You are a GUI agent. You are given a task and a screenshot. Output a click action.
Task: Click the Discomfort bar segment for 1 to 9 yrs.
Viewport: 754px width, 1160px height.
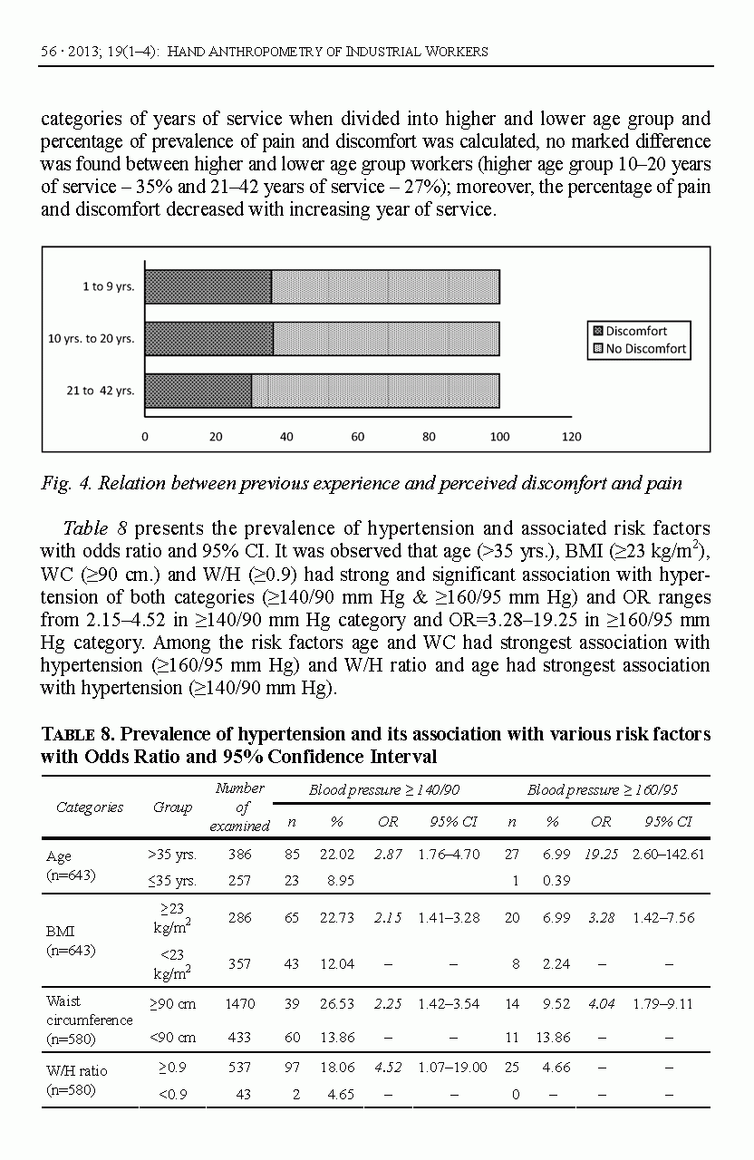(x=208, y=286)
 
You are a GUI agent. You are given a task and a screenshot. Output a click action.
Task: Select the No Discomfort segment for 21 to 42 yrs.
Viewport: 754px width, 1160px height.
(x=375, y=391)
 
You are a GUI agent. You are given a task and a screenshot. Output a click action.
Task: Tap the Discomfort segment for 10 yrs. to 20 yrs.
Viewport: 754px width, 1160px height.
(x=208, y=338)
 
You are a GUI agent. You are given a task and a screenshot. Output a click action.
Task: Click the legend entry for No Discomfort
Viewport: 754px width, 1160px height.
(x=640, y=349)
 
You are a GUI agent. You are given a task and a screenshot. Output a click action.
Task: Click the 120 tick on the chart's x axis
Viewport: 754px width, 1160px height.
(x=571, y=437)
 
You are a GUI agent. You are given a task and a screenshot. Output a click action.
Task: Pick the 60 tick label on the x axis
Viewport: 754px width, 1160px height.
(x=358, y=437)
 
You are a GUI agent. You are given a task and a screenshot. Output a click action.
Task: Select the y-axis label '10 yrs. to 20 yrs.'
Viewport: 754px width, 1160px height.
(x=91, y=339)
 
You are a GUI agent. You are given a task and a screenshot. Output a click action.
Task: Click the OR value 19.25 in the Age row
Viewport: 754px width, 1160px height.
(x=602, y=855)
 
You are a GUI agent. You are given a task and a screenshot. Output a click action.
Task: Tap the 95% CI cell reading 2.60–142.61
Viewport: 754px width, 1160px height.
(x=668, y=855)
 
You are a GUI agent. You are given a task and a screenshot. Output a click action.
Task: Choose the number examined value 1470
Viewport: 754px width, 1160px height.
(x=240, y=1004)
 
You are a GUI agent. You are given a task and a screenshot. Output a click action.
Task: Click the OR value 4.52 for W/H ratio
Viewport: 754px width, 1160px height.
(x=388, y=1068)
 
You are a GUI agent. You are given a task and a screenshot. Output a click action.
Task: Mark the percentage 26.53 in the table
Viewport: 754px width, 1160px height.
(x=337, y=1004)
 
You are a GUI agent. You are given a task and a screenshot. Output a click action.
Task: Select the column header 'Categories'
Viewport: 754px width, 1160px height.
(x=90, y=807)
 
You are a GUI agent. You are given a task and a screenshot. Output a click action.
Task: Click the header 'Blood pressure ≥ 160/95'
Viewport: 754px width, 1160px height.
(x=603, y=790)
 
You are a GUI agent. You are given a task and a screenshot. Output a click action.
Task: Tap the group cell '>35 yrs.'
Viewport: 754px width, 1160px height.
(x=172, y=855)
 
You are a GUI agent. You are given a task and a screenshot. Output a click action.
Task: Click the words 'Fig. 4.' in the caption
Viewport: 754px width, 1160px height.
(x=65, y=484)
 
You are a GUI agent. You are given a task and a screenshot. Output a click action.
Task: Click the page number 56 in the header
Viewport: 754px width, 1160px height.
(x=49, y=52)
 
